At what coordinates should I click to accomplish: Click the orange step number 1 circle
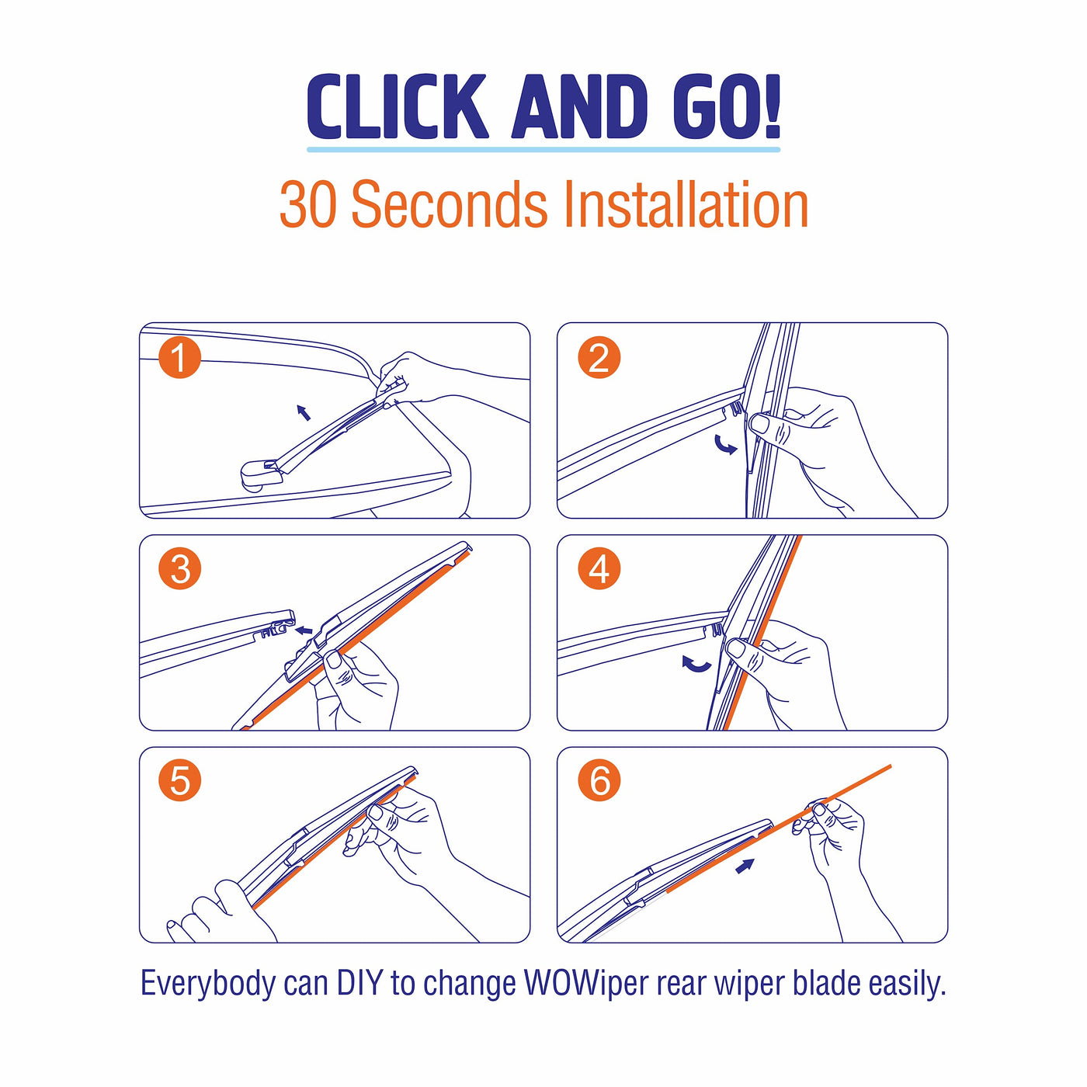[x=180, y=358]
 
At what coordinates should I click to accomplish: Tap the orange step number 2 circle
[x=599, y=358]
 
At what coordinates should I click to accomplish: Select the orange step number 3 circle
[x=180, y=568]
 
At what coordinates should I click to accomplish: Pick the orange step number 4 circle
[x=599, y=568]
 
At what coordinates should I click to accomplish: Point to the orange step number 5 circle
[x=180, y=780]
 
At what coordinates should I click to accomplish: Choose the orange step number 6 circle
[x=599, y=780]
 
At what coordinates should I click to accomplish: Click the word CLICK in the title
[x=397, y=106]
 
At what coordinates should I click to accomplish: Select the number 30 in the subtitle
[x=308, y=204]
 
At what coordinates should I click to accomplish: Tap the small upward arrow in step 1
[x=304, y=412]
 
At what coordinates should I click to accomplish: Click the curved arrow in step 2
[x=725, y=445]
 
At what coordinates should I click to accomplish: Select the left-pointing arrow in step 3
[x=304, y=630]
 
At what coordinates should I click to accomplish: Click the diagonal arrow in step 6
[x=745, y=866]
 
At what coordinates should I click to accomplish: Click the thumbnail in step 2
[x=760, y=422]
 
